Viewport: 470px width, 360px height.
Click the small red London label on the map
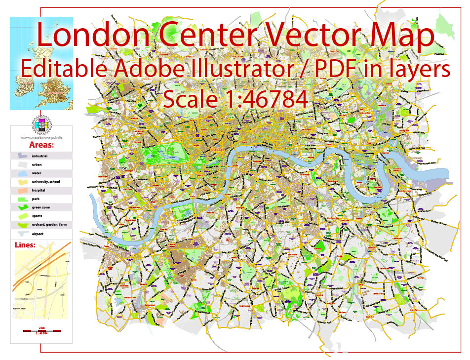coord(217,149)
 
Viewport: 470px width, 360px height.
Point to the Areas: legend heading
coord(41,146)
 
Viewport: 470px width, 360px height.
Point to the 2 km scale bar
coord(41,329)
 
